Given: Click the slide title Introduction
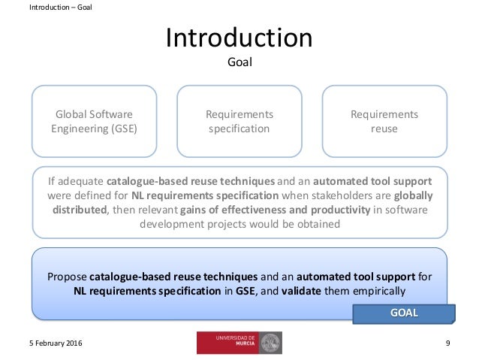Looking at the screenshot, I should tap(239, 37).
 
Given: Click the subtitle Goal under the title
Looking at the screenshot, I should tap(239, 62).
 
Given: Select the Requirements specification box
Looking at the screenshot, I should tap(239, 120).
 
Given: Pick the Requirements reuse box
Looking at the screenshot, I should tap(384, 120).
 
